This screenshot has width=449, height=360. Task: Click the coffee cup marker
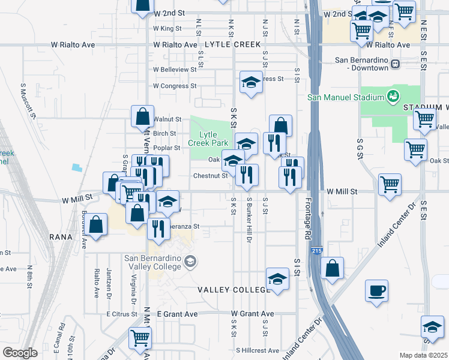click(376, 291)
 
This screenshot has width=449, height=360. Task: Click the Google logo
click(20, 353)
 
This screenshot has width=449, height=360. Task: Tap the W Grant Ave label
click(252, 314)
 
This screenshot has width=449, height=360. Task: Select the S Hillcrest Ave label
click(257, 350)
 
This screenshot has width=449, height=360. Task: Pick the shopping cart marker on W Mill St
click(390, 184)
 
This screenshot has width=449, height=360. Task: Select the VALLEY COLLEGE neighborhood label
click(235, 290)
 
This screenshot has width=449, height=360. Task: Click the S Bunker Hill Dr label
click(248, 214)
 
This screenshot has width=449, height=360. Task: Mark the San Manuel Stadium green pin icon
click(393, 96)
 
